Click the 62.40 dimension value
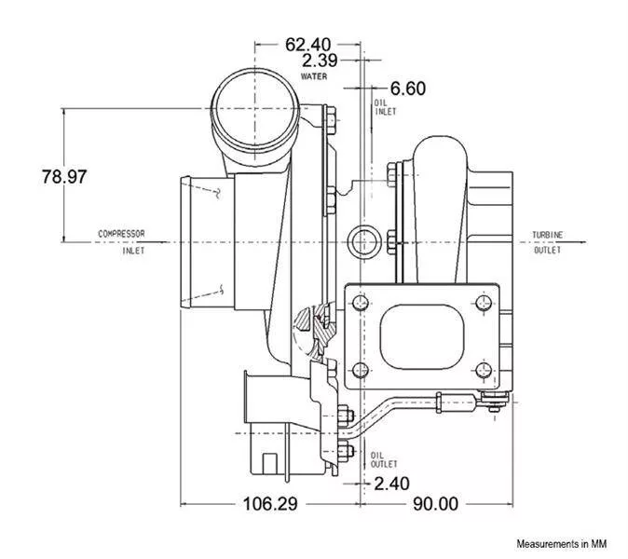pos(308,44)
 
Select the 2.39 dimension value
pos(320,61)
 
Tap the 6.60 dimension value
pos(408,89)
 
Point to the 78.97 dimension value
pos(64,176)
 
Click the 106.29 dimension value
pos(270,503)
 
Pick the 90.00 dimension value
pos(436,503)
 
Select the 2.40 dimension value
pos(391,484)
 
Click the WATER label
pos(314,76)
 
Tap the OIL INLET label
pos(385,107)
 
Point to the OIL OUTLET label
pos(384,459)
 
